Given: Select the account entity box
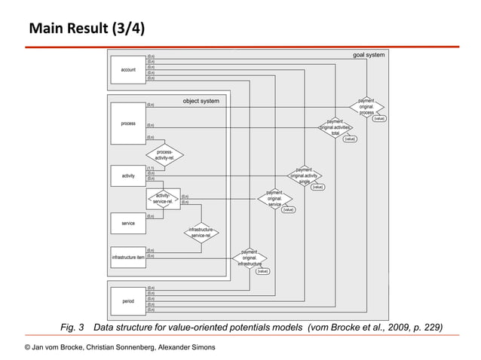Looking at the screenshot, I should pos(128,69).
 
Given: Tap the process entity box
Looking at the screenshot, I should pos(128,124).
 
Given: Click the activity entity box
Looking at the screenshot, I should pos(128,175).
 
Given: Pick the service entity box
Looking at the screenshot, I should pos(128,224).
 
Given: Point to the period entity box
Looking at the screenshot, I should pos(128,301).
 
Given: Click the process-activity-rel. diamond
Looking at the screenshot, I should pos(164,155).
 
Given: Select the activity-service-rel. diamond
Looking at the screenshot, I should pos(164,199).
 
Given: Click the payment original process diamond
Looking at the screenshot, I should pos(366,107).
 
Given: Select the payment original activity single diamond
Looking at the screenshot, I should pos(304,175).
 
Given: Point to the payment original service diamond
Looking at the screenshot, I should pos(274,199).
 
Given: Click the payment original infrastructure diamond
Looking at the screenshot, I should pos(250,258).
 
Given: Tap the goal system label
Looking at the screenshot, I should pos(369,55).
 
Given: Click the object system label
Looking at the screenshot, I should pos(201,101).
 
